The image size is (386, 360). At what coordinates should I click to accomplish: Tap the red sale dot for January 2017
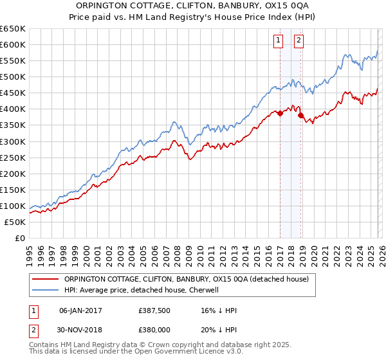pos(280,113)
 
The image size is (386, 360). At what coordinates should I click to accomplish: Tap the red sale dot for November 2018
pos(301,116)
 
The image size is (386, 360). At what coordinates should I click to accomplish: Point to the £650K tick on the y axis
pos(13,29)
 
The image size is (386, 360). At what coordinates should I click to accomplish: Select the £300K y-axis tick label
pos(13,141)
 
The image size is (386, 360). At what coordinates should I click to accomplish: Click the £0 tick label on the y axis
pos(19,238)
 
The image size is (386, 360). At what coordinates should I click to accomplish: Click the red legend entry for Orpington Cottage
pos(187,279)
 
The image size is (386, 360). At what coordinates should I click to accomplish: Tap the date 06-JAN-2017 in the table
pos(80,310)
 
